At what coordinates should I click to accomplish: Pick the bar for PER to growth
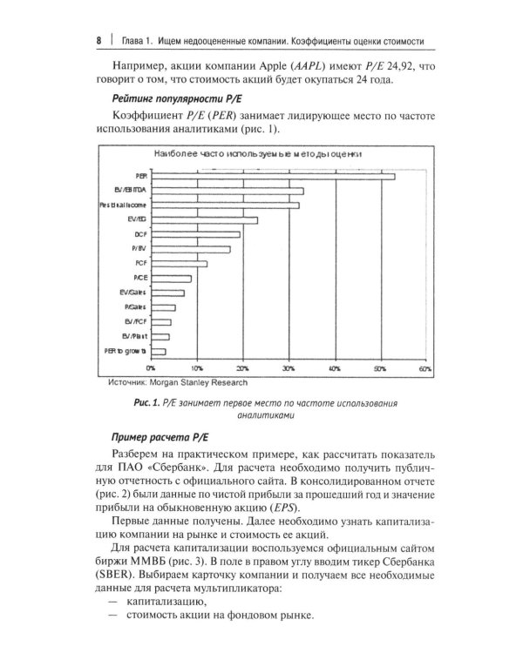pyautogui.click(x=158, y=351)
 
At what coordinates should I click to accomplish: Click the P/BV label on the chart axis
pyautogui.click(x=139, y=249)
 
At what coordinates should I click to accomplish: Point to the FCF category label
pyautogui.click(x=140, y=263)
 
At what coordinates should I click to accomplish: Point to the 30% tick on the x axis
pyautogui.click(x=288, y=369)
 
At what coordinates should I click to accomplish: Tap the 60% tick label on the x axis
pyautogui.click(x=425, y=369)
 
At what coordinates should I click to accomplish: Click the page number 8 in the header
pyautogui.click(x=99, y=42)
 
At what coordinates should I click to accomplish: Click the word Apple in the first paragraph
pyautogui.click(x=273, y=66)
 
